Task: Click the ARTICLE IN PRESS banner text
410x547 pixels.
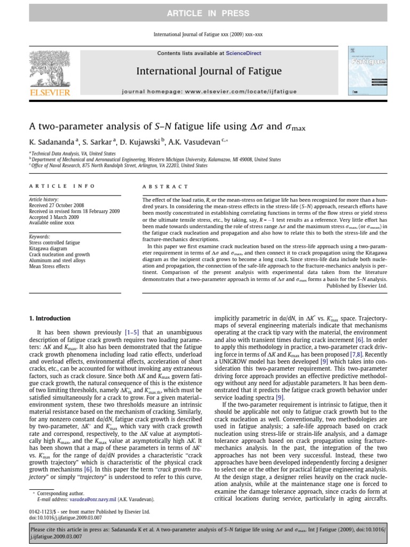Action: (204, 12)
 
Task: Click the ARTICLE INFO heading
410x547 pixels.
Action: (61, 186)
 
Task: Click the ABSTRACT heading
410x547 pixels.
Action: (165, 186)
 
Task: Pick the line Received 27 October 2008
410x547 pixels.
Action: (57, 205)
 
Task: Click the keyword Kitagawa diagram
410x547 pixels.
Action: (50, 248)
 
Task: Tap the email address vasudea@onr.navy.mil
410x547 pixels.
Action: (87, 499)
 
